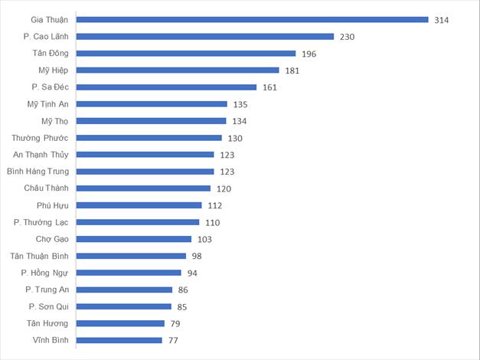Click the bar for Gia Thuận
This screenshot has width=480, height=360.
tap(253, 19)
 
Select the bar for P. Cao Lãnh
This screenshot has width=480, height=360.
tap(205, 36)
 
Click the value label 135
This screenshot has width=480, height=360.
tap(239, 104)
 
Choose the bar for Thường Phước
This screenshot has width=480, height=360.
tap(149, 138)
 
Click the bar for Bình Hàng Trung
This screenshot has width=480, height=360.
tap(146, 172)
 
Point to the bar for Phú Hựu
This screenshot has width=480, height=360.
tap(139, 205)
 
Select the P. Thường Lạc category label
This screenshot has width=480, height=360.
tap(41, 222)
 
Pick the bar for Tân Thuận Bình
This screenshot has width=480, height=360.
tap(132, 256)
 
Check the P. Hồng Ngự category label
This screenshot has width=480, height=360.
tap(45, 273)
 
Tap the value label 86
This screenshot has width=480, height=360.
tap(183, 290)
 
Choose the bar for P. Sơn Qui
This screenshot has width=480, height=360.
tap(125, 306)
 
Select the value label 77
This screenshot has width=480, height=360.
tap(173, 340)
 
